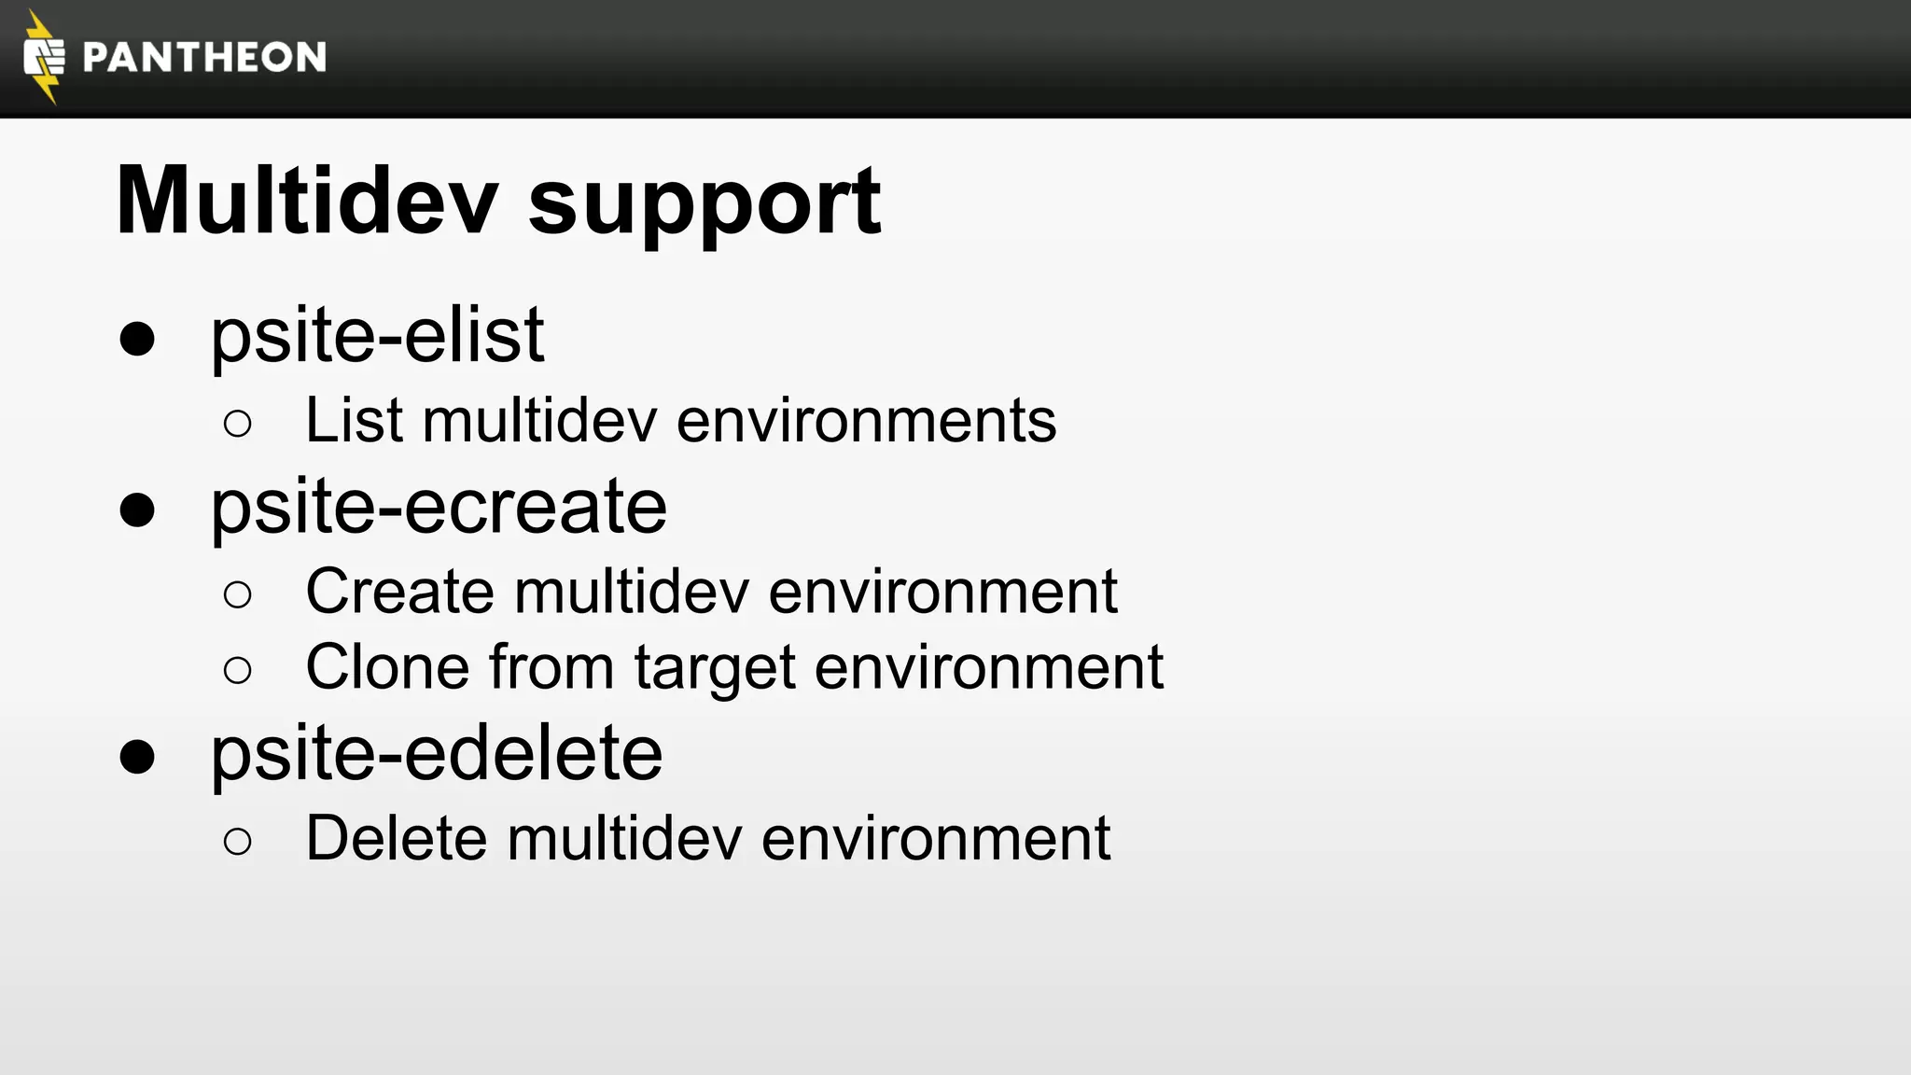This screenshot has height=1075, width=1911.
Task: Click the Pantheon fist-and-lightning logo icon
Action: (43, 57)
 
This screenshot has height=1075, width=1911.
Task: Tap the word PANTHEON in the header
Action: (204, 58)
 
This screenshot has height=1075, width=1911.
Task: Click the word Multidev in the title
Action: (306, 202)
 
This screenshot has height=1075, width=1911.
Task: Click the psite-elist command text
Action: (377, 335)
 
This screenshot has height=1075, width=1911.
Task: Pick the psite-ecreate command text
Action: (439, 507)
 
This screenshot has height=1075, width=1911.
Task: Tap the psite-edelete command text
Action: (437, 753)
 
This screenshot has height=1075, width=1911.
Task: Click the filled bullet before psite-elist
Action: (137, 339)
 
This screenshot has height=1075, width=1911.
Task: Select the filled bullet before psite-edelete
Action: (137, 757)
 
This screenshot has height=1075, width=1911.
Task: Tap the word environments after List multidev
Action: (866, 421)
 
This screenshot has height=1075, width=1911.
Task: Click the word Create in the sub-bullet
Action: (399, 592)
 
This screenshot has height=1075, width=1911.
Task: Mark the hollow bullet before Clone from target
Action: (238, 670)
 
